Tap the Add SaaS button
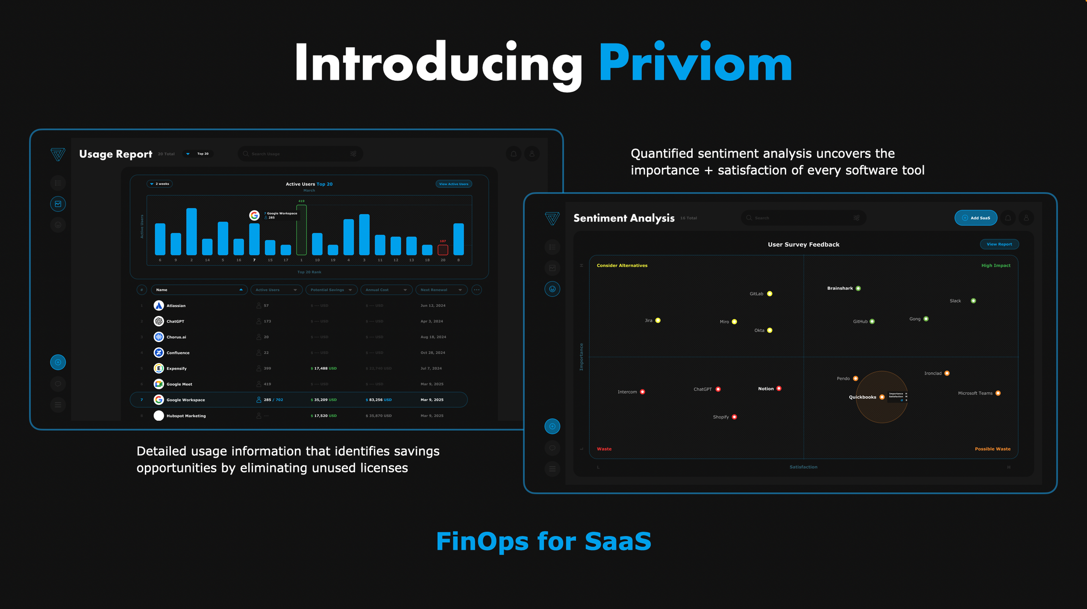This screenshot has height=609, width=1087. tap(976, 218)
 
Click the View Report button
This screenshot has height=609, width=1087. tap(999, 244)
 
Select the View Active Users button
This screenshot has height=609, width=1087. tap(453, 184)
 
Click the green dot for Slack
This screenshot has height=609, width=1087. tap(974, 301)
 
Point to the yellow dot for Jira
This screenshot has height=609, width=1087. tap(658, 320)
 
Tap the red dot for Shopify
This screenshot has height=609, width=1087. tap(734, 417)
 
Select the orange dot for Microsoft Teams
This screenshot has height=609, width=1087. tap(998, 393)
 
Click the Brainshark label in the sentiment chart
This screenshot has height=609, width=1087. tap(840, 288)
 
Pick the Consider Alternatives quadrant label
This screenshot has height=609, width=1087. tap(622, 266)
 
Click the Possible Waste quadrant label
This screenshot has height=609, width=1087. tap(992, 449)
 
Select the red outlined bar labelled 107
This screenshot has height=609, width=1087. tap(443, 250)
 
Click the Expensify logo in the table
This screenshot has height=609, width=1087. tap(159, 368)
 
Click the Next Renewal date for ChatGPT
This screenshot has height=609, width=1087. tap(431, 321)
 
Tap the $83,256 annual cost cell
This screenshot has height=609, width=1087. tap(378, 400)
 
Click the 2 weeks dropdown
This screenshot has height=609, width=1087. tap(160, 184)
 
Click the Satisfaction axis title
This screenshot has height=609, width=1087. tap(803, 467)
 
